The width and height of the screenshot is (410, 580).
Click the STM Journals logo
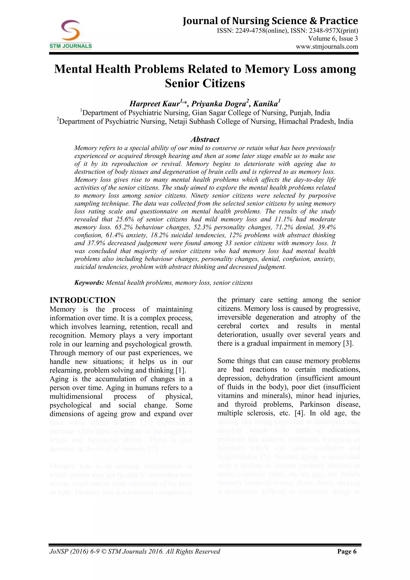click(x=70, y=34)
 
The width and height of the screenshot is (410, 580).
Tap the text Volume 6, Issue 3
click(x=333, y=39)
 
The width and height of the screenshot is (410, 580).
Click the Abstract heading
click(x=205, y=139)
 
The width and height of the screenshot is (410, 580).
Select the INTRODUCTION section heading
click(x=82, y=300)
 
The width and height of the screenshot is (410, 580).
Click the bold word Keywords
click(x=89, y=283)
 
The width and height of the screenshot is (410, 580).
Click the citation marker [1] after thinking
click(x=181, y=370)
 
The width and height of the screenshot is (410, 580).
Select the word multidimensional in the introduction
click(x=76, y=396)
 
